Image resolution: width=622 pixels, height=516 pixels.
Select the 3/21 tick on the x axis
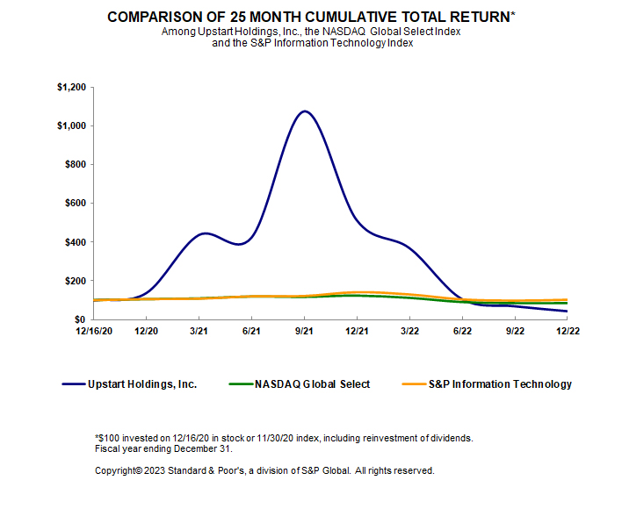coord(199,332)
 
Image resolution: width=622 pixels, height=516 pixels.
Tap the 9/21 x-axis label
coord(304,332)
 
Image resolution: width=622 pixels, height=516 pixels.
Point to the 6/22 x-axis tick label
coord(462,332)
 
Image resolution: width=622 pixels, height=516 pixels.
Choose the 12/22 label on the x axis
coord(568,332)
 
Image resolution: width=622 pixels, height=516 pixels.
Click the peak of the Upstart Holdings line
coord(304,111)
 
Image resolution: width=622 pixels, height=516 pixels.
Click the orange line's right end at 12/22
coord(568,300)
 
